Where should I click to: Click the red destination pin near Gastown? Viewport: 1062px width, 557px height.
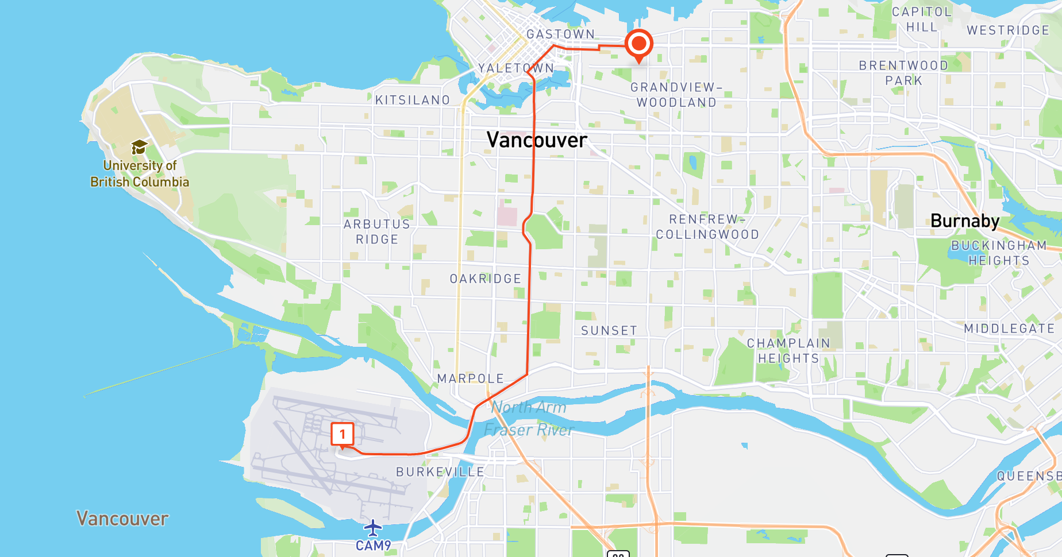click(x=638, y=44)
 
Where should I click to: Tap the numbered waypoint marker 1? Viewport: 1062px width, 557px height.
click(x=343, y=434)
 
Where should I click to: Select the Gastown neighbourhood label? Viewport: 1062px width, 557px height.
click(x=560, y=34)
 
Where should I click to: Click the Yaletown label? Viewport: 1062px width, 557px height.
click(x=516, y=68)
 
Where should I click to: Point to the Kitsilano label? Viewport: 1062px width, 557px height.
click(x=413, y=100)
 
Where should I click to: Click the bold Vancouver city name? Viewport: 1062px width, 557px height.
click(x=537, y=140)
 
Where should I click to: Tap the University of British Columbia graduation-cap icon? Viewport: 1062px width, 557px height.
click(x=139, y=148)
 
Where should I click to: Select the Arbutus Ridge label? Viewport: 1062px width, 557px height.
click(x=377, y=231)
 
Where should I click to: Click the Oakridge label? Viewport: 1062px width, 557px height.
click(x=486, y=279)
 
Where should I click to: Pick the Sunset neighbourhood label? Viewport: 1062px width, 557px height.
click(x=609, y=331)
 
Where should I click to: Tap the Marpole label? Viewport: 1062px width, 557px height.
click(x=471, y=379)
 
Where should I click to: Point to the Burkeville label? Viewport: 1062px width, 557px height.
click(x=440, y=472)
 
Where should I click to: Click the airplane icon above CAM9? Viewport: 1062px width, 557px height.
click(x=373, y=527)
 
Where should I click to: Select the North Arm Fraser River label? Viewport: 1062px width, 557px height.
click(x=529, y=419)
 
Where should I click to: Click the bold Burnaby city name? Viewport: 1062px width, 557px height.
click(x=965, y=221)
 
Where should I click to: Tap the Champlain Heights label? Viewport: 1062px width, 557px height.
click(x=788, y=351)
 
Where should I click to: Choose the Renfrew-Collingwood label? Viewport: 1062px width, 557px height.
click(x=707, y=227)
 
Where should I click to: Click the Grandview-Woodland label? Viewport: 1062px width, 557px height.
click(x=676, y=95)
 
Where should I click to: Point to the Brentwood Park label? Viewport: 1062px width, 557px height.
click(x=903, y=73)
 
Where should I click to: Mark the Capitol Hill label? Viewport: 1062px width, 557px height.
click(x=922, y=20)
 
